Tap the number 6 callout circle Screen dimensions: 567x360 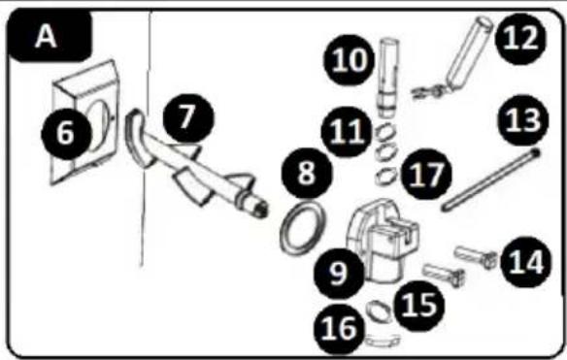[x=66, y=133]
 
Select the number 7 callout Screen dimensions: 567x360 [x=188, y=117]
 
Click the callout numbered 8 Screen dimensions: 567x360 [x=307, y=173]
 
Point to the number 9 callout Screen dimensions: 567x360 [x=339, y=274]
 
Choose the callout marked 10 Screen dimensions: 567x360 [x=349, y=60]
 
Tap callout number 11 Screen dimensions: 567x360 [x=347, y=132]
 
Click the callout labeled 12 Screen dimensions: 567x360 [x=520, y=39]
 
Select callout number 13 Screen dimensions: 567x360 [x=523, y=120]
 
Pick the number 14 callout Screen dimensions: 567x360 [x=526, y=262]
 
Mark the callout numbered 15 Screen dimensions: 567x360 [x=419, y=306]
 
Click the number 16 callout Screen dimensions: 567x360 [x=340, y=329]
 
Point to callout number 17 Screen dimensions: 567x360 [x=426, y=174]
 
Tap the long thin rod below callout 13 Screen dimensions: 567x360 [x=491, y=180]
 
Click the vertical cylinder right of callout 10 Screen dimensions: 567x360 [x=388, y=78]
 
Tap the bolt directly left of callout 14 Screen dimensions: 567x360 [x=476, y=256]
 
